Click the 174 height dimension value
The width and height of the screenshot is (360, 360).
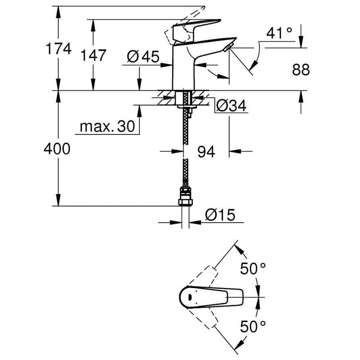point(59,49)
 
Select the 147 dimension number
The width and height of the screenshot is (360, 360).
point(93,55)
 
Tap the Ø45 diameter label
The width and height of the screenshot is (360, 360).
point(143,57)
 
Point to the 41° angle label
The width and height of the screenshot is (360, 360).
point(279,33)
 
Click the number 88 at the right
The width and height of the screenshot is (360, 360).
point(301,69)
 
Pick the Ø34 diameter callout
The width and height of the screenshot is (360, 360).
point(231,105)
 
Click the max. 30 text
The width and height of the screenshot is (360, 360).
point(107,126)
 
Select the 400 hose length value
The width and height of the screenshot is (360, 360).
point(57,149)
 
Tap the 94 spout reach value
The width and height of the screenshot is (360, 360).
point(206,152)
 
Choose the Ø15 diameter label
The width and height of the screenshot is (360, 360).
point(220,215)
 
